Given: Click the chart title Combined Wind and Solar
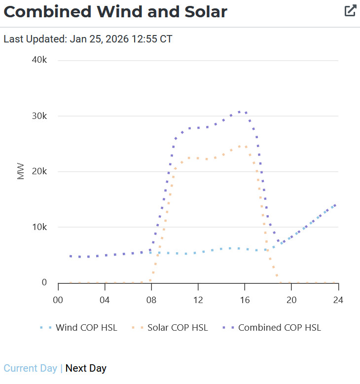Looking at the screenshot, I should tap(115, 12).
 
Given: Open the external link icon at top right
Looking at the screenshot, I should tap(350, 11).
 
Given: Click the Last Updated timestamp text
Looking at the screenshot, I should tap(88, 38).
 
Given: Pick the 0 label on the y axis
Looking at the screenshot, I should tap(44, 282).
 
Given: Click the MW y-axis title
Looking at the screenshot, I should tap(21, 171).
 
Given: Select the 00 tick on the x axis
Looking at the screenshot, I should tap(58, 300).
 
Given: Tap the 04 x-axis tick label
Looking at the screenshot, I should tap(104, 300).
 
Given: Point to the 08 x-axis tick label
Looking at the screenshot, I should tap(151, 300).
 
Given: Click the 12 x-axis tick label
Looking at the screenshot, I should tap(198, 300).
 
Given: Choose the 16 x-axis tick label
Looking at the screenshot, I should tap(245, 300).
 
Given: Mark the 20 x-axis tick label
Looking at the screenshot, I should tap(291, 300).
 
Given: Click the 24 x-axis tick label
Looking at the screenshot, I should tap(338, 300).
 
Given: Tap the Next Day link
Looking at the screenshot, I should tap(86, 368).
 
